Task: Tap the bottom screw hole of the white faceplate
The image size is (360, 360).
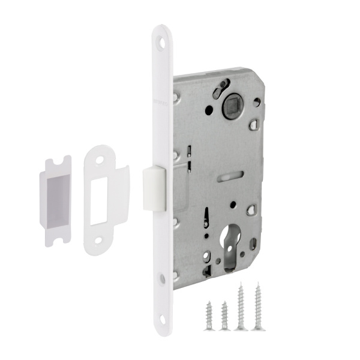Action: click(162, 278)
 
